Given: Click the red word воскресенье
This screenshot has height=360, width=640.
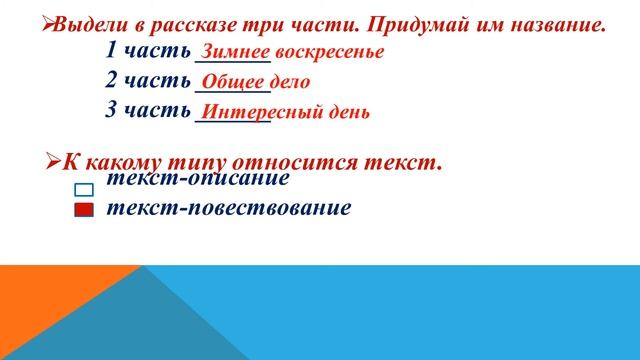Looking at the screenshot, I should pos(329,52).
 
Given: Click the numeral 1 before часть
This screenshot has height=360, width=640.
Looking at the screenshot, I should pos(111,51).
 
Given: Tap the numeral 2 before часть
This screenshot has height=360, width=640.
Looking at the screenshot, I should pos(111,81).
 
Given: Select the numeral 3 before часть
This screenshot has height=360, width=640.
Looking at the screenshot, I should pos(111,110).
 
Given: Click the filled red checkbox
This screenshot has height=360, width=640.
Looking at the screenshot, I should pos(84,210).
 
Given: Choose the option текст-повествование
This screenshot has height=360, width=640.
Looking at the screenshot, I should pos(229,208).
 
